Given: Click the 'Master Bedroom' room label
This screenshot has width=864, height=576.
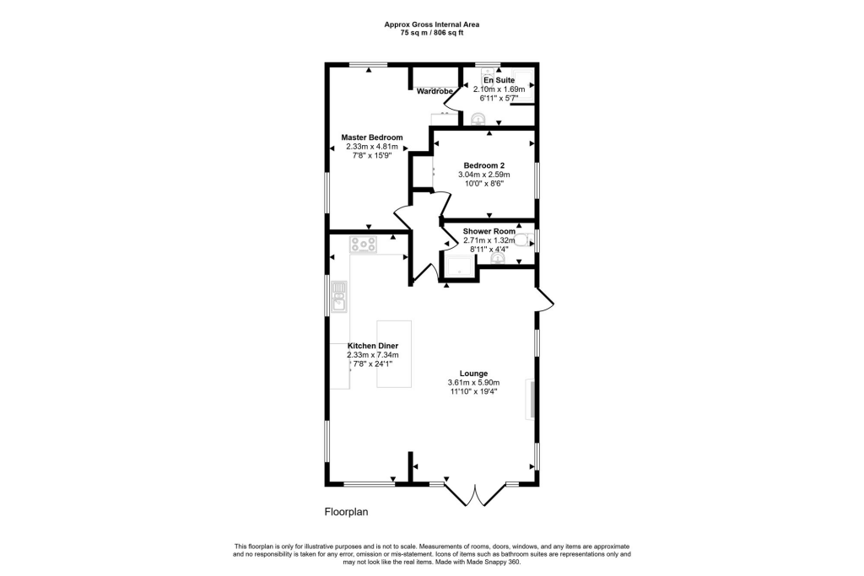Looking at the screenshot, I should (x=371, y=137).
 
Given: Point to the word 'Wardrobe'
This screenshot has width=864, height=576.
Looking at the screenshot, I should (x=435, y=92).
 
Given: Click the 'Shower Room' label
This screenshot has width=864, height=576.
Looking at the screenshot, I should (x=489, y=231).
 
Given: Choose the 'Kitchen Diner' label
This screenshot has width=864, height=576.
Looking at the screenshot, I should (x=373, y=346).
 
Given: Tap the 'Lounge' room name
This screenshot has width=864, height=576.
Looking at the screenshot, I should (x=473, y=374).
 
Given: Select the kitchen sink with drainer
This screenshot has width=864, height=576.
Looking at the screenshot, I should (x=339, y=297).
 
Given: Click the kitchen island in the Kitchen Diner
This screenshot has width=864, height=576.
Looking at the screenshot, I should (x=394, y=354).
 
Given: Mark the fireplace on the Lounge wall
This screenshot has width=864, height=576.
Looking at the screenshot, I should (x=531, y=399).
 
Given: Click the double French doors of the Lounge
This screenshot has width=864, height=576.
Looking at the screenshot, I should (x=473, y=495).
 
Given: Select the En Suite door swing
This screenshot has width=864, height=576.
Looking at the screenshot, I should (x=453, y=100).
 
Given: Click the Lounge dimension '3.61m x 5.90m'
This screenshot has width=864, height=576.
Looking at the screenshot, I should (x=473, y=383).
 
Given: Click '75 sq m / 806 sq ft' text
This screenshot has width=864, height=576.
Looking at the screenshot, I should (x=432, y=33).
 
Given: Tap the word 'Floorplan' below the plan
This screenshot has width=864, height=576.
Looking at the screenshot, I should (x=347, y=511).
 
